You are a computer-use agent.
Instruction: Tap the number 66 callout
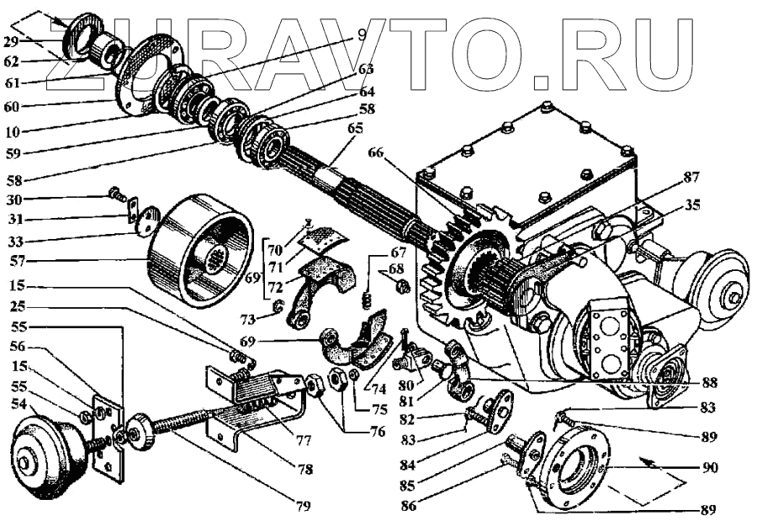pos(375,154)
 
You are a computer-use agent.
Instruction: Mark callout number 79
pos(303,506)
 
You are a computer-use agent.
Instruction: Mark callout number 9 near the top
pos(362,35)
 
